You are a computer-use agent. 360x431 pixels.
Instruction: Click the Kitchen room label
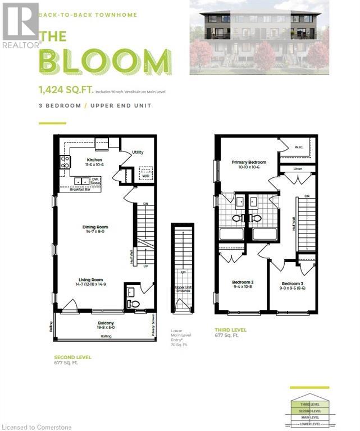point(94,159)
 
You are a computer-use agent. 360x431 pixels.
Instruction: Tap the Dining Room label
point(94,227)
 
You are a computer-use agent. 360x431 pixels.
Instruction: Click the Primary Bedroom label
point(249,162)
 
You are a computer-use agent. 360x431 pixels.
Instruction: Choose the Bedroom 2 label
point(244,283)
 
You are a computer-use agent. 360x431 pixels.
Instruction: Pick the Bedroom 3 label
point(293,283)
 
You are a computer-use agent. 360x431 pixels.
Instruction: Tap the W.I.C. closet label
point(298,147)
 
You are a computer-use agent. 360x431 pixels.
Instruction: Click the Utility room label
point(138,152)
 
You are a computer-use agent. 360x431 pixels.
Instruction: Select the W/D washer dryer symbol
point(145,175)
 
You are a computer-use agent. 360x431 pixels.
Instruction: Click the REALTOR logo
point(21,25)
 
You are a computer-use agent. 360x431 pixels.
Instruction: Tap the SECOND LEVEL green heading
point(72,357)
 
